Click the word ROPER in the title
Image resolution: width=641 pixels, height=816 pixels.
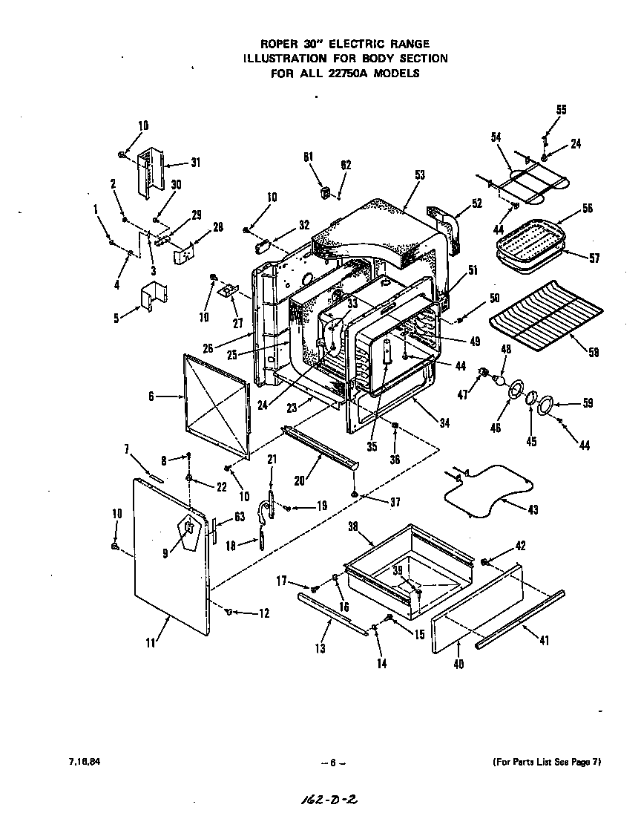[275, 45]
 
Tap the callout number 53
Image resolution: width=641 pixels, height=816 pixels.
[420, 175]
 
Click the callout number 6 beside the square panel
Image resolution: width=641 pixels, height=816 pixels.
[151, 396]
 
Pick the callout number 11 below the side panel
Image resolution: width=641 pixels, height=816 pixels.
[151, 643]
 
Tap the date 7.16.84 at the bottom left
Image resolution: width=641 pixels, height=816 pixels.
[82, 762]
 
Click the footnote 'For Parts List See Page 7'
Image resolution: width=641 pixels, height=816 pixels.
[546, 762]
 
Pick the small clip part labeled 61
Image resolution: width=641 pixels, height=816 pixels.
[323, 192]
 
